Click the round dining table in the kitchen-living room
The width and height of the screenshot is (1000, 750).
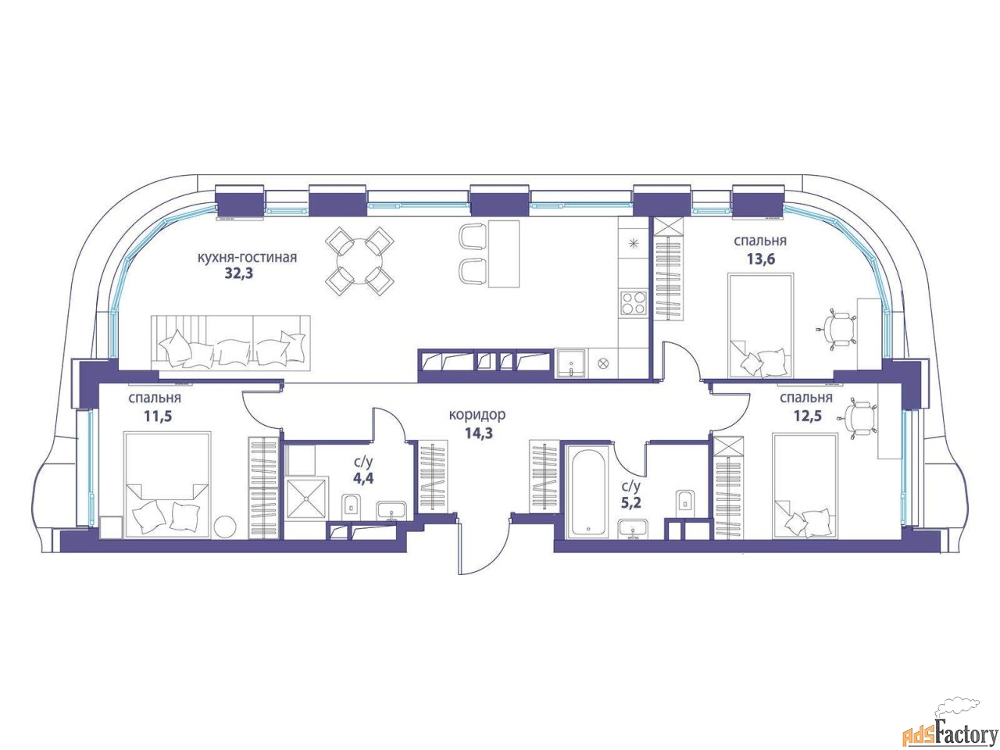click(x=359, y=262)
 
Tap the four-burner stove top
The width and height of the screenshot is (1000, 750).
click(x=634, y=303)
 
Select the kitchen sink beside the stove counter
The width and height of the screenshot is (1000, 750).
click(x=571, y=363)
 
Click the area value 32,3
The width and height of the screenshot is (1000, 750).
click(x=239, y=273)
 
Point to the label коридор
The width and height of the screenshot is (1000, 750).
click(x=477, y=415)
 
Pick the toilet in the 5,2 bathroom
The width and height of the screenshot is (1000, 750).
click(x=684, y=502)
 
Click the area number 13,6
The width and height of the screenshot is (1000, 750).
click(x=760, y=259)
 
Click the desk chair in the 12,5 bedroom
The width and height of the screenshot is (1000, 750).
click(x=859, y=420)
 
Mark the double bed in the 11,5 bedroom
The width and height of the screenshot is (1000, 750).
click(x=168, y=485)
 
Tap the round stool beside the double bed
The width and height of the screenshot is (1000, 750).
click(x=226, y=526)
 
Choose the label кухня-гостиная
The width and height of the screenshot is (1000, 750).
click(x=247, y=257)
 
